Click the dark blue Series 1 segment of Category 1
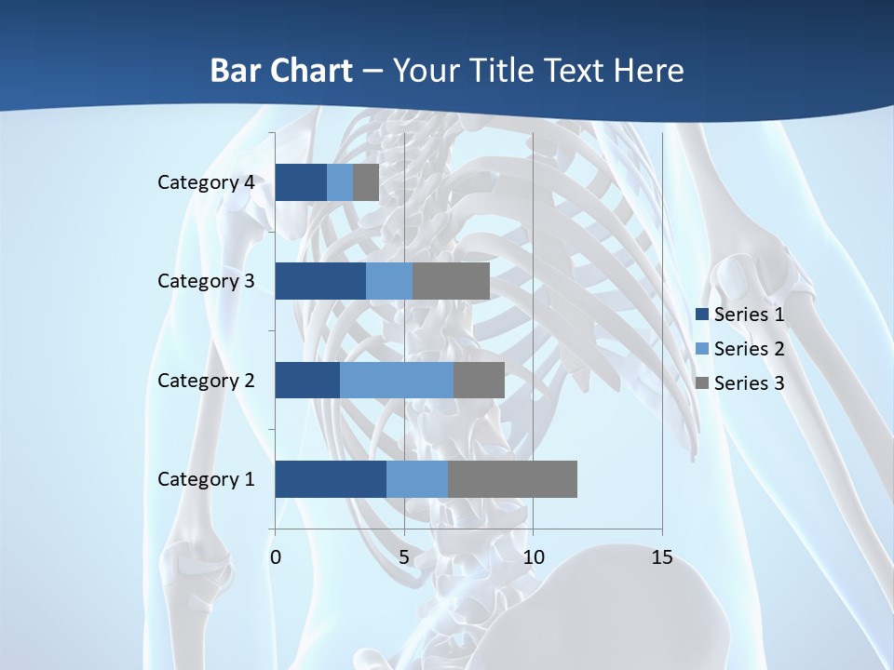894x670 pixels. pyautogui.click(x=330, y=479)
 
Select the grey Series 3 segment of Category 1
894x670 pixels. pyautogui.click(x=512, y=479)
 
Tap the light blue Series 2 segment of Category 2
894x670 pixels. pyautogui.click(x=396, y=380)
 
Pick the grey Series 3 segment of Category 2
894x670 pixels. pyautogui.click(x=479, y=380)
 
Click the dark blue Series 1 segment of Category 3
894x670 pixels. pyautogui.click(x=319, y=281)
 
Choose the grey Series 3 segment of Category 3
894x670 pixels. pyautogui.click(x=451, y=281)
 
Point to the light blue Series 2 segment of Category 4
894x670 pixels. pyautogui.click(x=340, y=182)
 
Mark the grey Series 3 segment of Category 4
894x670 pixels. pyautogui.click(x=366, y=182)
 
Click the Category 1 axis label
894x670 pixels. pyautogui.click(x=205, y=479)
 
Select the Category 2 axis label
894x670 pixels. pyautogui.click(x=205, y=381)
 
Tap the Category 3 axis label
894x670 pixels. pyautogui.click(x=205, y=281)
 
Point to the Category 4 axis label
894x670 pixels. pyautogui.click(x=205, y=182)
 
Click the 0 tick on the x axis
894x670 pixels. pyautogui.click(x=276, y=557)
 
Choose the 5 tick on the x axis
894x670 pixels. pyautogui.click(x=404, y=557)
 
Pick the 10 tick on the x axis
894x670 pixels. pyautogui.click(x=533, y=557)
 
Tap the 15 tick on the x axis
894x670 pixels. pyautogui.click(x=661, y=557)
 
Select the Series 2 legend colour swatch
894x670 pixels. pyautogui.click(x=702, y=349)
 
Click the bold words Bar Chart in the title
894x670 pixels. pyautogui.click(x=281, y=71)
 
